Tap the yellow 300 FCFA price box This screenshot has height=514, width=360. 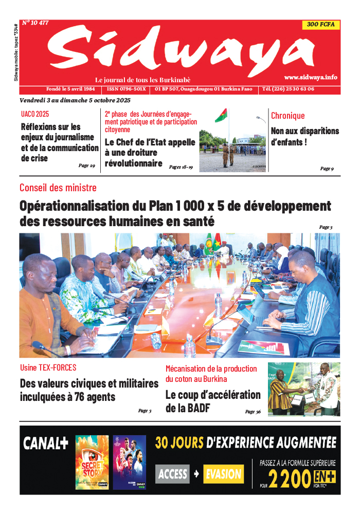pos(320,24)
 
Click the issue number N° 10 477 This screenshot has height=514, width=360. pos(35,23)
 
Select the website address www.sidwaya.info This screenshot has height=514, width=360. pos(311,77)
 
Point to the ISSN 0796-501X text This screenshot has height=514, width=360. pos(126,89)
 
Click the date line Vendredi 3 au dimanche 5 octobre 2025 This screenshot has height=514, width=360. pos(75,100)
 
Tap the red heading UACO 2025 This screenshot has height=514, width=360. pos(35,114)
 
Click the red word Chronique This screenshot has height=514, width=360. pos(287,116)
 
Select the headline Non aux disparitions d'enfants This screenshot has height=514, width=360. pos(304,136)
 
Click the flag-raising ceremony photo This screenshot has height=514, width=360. pos(232,140)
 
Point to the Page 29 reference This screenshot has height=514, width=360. pos(86,166)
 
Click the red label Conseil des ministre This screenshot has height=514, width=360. pos(58,188)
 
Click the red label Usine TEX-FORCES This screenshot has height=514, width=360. pos(48,368)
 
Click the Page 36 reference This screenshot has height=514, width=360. pos(253,412)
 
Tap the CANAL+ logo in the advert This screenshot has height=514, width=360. pos(45,444)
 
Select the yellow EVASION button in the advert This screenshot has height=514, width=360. pos(223,474)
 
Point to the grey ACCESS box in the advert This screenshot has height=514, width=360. pos(172,474)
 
